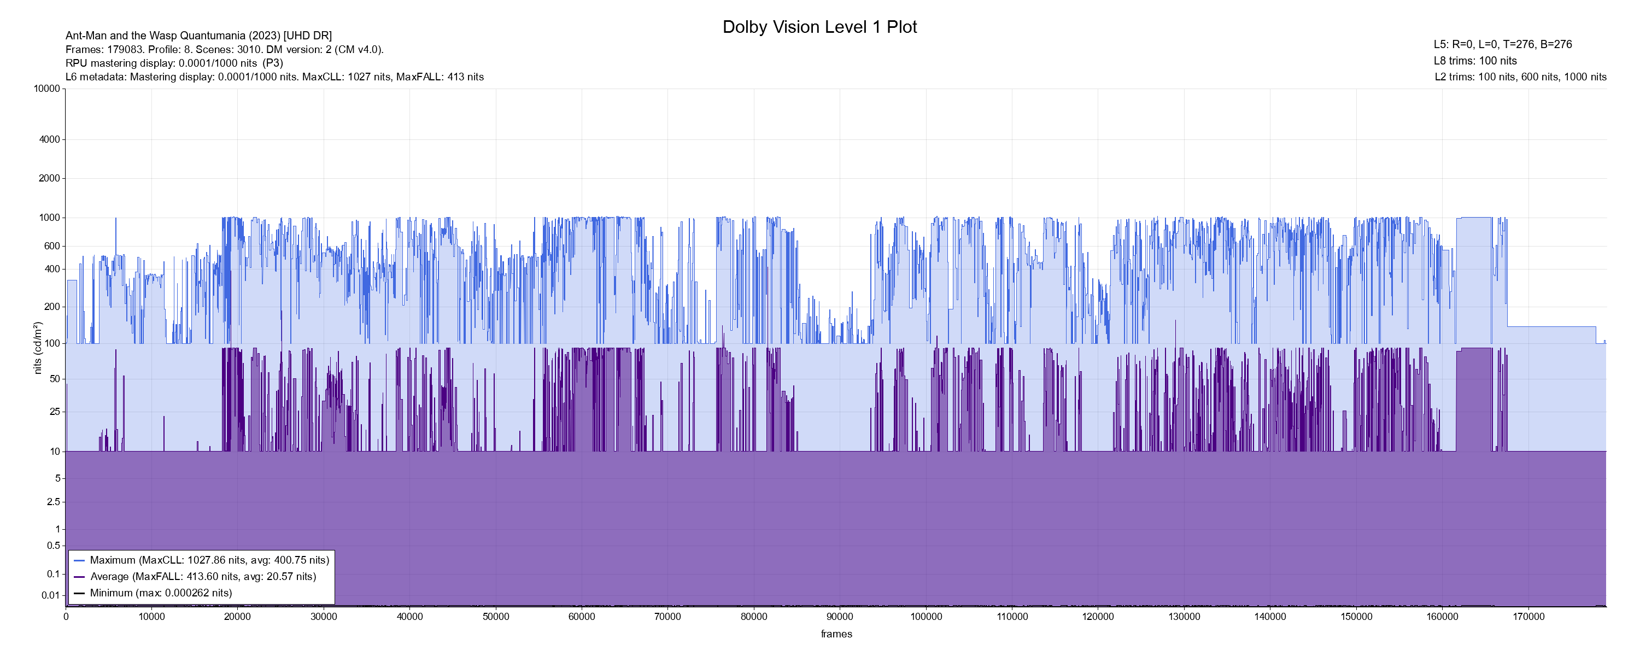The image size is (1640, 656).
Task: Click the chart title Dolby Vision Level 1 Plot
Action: click(x=819, y=27)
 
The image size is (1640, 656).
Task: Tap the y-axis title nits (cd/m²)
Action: click(x=38, y=348)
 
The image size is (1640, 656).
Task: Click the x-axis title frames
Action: click(x=836, y=634)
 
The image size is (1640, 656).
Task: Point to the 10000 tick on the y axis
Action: click(x=47, y=89)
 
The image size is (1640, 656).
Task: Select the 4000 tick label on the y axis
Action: click(x=50, y=139)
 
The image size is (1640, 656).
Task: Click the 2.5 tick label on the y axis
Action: click(x=54, y=502)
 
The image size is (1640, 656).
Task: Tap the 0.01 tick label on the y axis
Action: click(x=51, y=595)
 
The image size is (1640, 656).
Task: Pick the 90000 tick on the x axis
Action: click(x=840, y=617)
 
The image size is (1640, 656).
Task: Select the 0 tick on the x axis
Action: click(x=66, y=617)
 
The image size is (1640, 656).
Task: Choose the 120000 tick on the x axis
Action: click(x=1098, y=617)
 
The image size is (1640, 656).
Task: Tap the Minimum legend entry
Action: click(x=160, y=593)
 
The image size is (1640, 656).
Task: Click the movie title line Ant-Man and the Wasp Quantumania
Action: click(x=198, y=36)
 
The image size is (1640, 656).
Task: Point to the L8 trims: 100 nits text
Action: click(x=1475, y=61)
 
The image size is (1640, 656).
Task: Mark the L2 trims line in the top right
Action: click(x=1520, y=77)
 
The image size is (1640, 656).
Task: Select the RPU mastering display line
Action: click(x=174, y=63)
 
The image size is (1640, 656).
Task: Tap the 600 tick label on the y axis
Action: click(x=52, y=246)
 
